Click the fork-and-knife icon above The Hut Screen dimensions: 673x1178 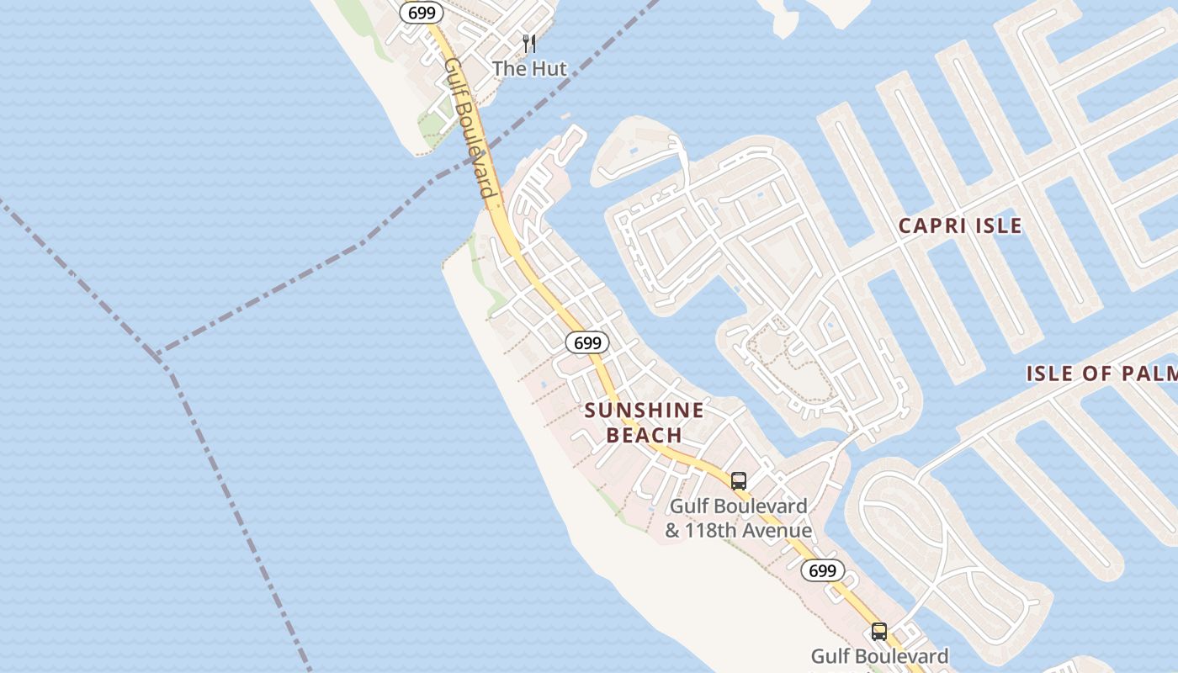[x=529, y=43]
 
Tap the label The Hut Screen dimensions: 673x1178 [x=530, y=69]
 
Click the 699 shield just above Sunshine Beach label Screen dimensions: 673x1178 [x=586, y=342]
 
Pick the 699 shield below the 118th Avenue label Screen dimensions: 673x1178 [x=822, y=570]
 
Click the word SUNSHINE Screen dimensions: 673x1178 [x=644, y=411]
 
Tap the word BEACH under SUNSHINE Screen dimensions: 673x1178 [x=644, y=435]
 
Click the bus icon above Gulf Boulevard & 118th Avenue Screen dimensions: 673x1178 [x=738, y=481]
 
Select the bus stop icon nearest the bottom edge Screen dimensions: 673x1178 [x=878, y=631]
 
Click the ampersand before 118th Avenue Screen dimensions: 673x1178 [x=672, y=531]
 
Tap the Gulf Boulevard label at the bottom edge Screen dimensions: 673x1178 [x=879, y=656]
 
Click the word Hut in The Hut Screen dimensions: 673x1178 [x=548, y=69]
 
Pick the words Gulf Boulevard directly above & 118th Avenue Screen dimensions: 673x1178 [x=738, y=506]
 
